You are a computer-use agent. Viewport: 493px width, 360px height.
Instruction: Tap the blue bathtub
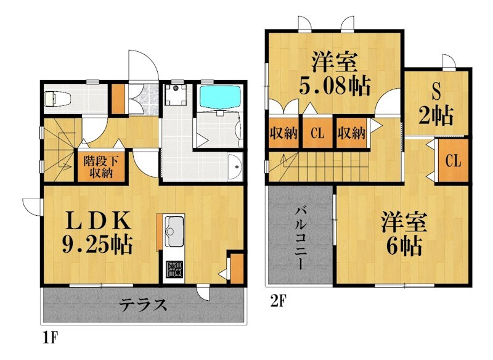click(219, 97)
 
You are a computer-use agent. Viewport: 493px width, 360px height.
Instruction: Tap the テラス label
click(142, 305)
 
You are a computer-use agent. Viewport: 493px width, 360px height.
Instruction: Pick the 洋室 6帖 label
click(400, 234)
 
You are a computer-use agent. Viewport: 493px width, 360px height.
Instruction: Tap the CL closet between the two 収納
click(317, 132)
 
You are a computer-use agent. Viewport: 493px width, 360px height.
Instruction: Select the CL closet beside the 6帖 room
click(453, 162)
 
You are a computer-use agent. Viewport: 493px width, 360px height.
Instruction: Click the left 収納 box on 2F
click(283, 132)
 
